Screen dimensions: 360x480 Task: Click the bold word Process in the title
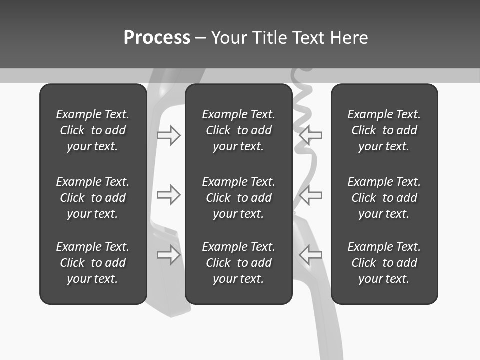coord(157,38)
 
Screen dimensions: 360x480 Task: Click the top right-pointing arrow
coord(169,135)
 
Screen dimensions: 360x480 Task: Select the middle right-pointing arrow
coord(169,195)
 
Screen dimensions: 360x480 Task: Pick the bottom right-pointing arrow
coord(169,255)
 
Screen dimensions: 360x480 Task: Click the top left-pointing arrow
coord(310,135)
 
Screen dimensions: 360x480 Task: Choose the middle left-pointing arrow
coord(310,195)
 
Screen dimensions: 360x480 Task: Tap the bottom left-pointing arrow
coord(310,255)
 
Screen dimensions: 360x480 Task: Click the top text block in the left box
coord(93,130)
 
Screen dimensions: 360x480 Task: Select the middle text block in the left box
coord(93,198)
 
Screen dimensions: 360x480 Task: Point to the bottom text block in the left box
coord(93,263)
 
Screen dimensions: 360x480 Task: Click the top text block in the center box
coord(238,130)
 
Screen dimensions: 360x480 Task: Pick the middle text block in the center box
coord(238,198)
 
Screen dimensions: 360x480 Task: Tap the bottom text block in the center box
coord(238,263)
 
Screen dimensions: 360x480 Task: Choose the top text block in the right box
coord(384,130)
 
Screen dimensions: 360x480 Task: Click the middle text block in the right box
coord(384,198)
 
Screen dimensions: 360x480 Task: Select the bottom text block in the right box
coord(384,263)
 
